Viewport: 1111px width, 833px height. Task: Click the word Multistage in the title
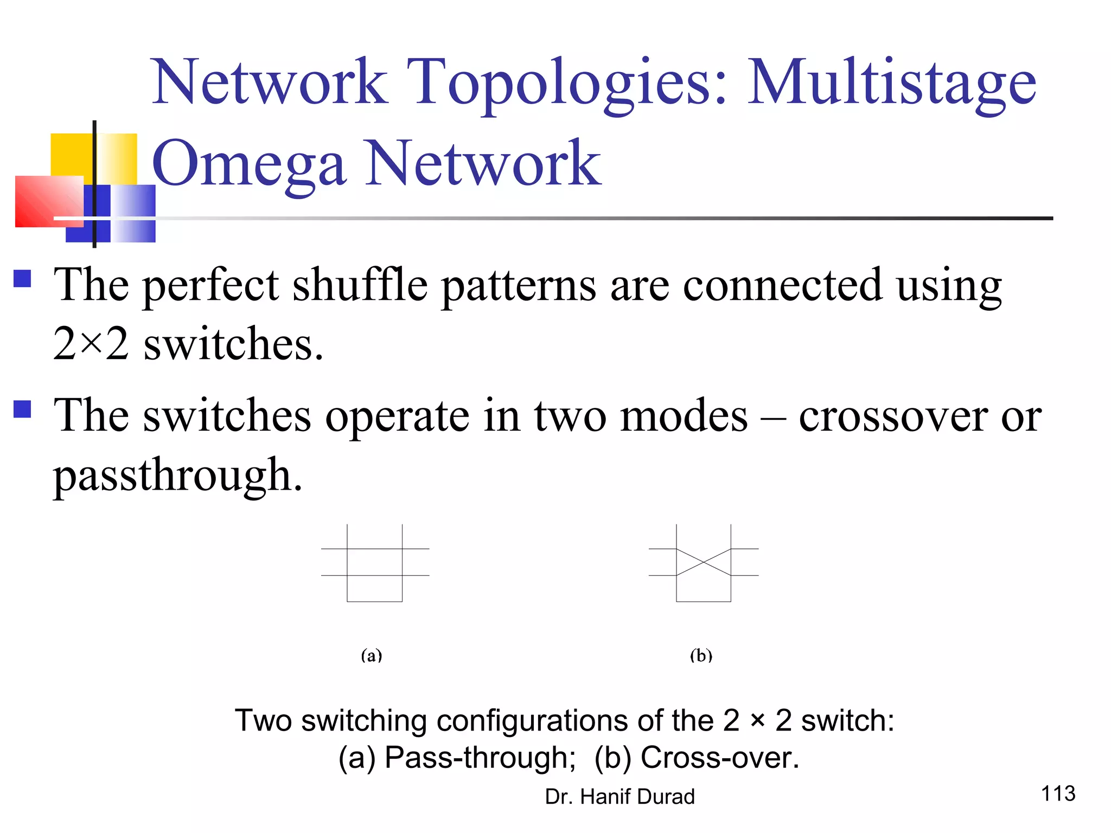point(892,82)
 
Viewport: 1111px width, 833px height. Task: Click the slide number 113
point(1058,793)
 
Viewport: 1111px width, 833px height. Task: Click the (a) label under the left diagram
point(372,656)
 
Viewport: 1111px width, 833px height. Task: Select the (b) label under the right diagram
point(701,656)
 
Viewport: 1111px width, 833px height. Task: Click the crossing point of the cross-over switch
point(704,562)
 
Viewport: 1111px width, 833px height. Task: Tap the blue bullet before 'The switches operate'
point(22,408)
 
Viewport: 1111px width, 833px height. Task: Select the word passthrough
point(177,475)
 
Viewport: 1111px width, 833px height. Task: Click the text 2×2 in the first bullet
point(91,344)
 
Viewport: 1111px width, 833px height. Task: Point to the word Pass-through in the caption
point(480,757)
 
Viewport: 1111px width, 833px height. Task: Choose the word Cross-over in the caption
point(719,757)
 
